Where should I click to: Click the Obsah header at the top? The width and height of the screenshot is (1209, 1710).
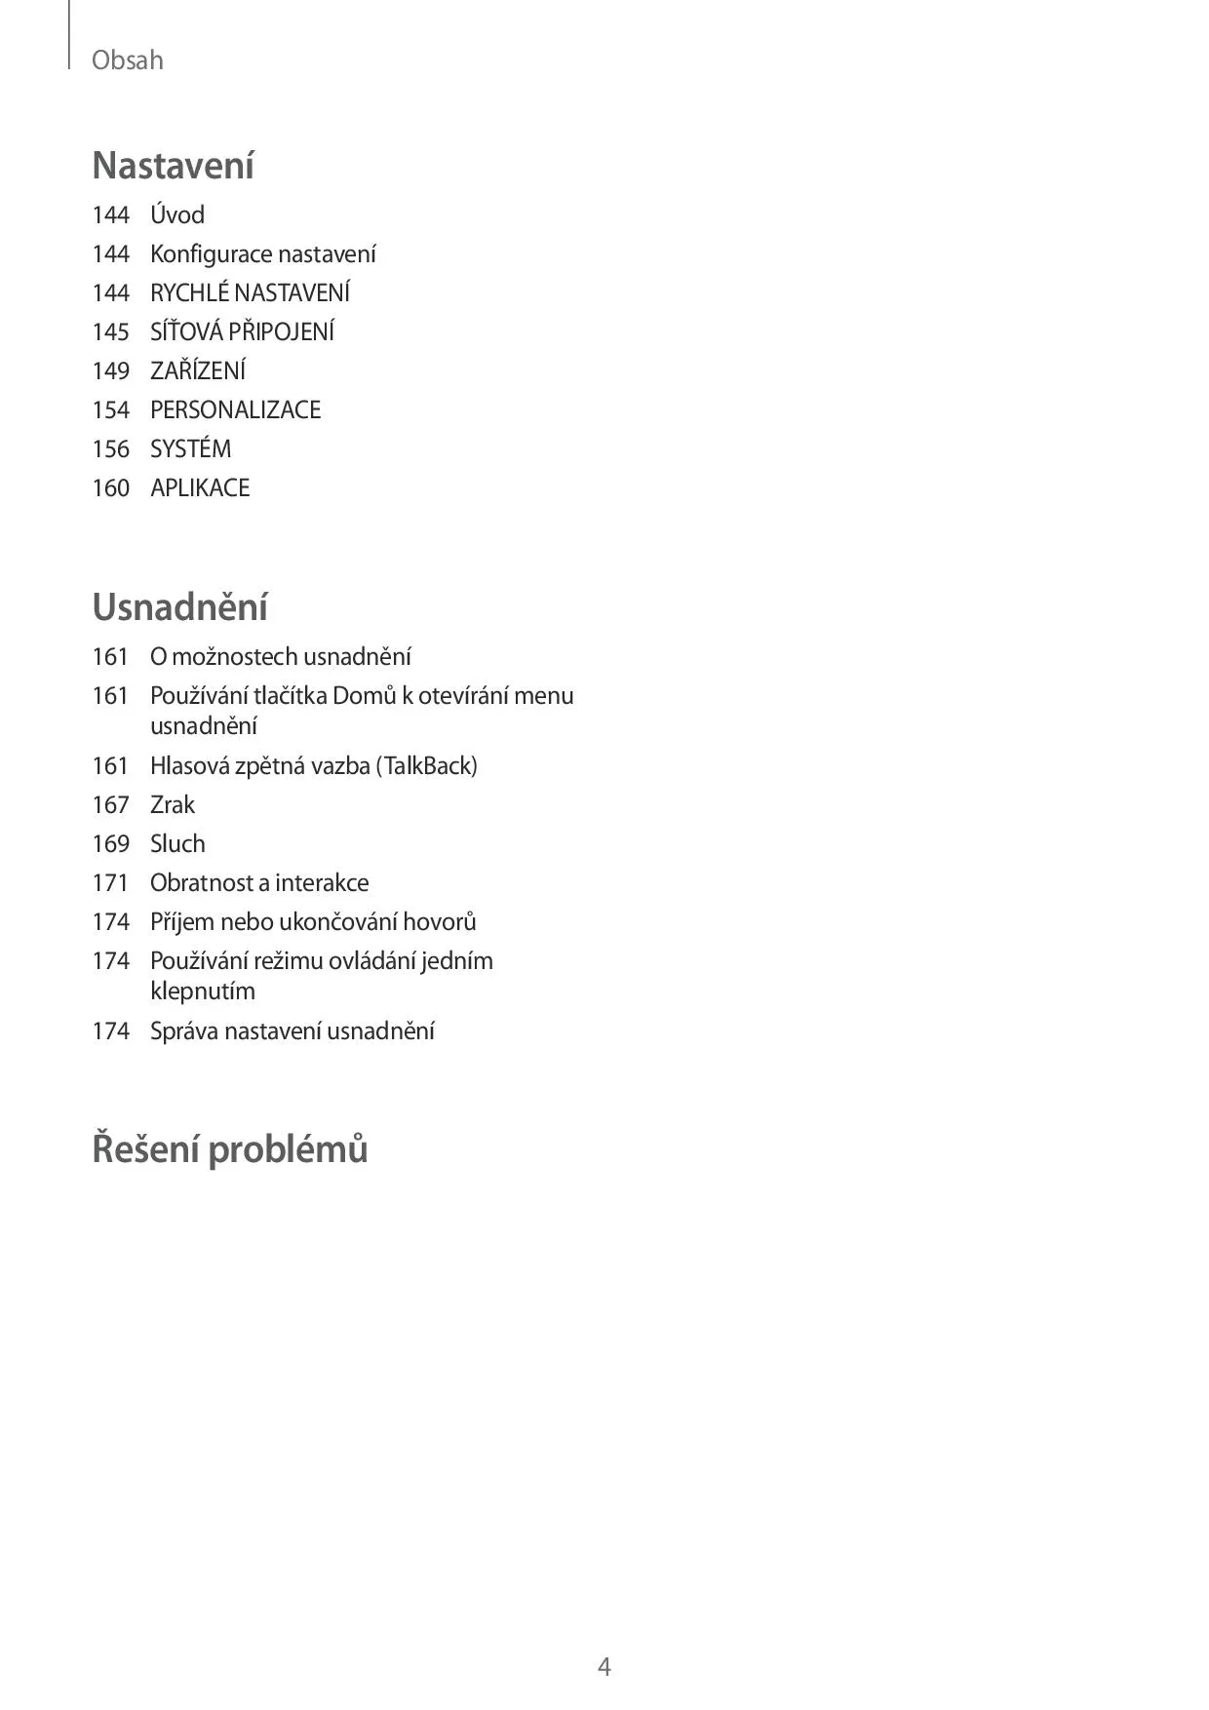[x=127, y=60]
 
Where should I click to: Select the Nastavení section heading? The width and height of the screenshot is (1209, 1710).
[x=173, y=166]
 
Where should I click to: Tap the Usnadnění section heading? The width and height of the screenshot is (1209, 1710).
[x=179, y=607]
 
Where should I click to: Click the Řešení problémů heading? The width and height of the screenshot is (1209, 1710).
[x=229, y=1148]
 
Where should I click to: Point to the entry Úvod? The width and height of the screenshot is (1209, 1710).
[x=177, y=214]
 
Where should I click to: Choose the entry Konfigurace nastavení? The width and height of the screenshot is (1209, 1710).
[x=262, y=253]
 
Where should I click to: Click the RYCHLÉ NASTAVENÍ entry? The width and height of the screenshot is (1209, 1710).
[x=250, y=292]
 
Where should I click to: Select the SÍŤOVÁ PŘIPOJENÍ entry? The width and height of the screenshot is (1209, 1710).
[x=242, y=331]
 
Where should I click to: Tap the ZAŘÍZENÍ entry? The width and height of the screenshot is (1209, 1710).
[x=198, y=370]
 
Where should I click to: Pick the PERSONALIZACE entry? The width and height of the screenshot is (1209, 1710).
[x=235, y=409]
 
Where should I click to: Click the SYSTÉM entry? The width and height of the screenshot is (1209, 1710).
[x=190, y=448]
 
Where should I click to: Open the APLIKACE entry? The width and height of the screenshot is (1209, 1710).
[x=200, y=487]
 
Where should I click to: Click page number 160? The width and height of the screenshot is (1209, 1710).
[x=111, y=487]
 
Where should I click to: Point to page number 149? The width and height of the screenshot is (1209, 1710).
[x=111, y=370]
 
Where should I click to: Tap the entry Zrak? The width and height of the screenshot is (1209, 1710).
[x=173, y=804]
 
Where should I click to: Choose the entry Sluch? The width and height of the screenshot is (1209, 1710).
[x=177, y=843]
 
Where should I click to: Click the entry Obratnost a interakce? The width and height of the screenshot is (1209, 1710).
[x=259, y=882]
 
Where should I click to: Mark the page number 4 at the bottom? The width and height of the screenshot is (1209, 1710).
[x=604, y=1666]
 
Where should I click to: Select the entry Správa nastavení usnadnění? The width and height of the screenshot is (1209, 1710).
[x=292, y=1030]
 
